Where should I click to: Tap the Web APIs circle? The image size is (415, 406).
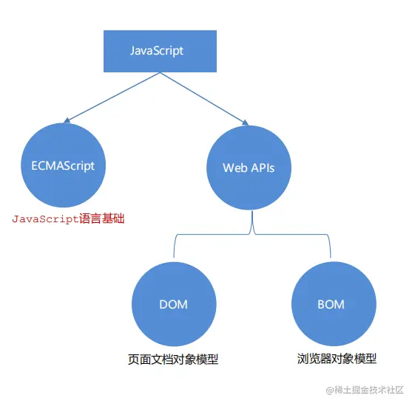(x=249, y=168)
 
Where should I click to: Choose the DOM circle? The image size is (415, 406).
(x=173, y=304)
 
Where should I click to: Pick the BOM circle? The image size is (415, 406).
(x=331, y=304)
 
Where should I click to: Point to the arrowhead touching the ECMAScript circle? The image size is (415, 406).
(x=68, y=120)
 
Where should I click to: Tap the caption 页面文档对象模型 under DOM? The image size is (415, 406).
(x=173, y=359)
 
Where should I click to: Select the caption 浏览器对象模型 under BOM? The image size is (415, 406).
(x=331, y=359)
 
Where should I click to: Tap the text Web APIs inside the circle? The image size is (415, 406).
(x=249, y=168)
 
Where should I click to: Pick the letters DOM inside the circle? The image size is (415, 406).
(x=173, y=304)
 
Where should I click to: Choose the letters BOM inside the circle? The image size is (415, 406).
(x=331, y=304)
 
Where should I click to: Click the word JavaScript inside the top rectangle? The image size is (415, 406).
(x=156, y=52)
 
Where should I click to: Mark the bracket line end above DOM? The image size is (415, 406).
(x=174, y=257)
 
